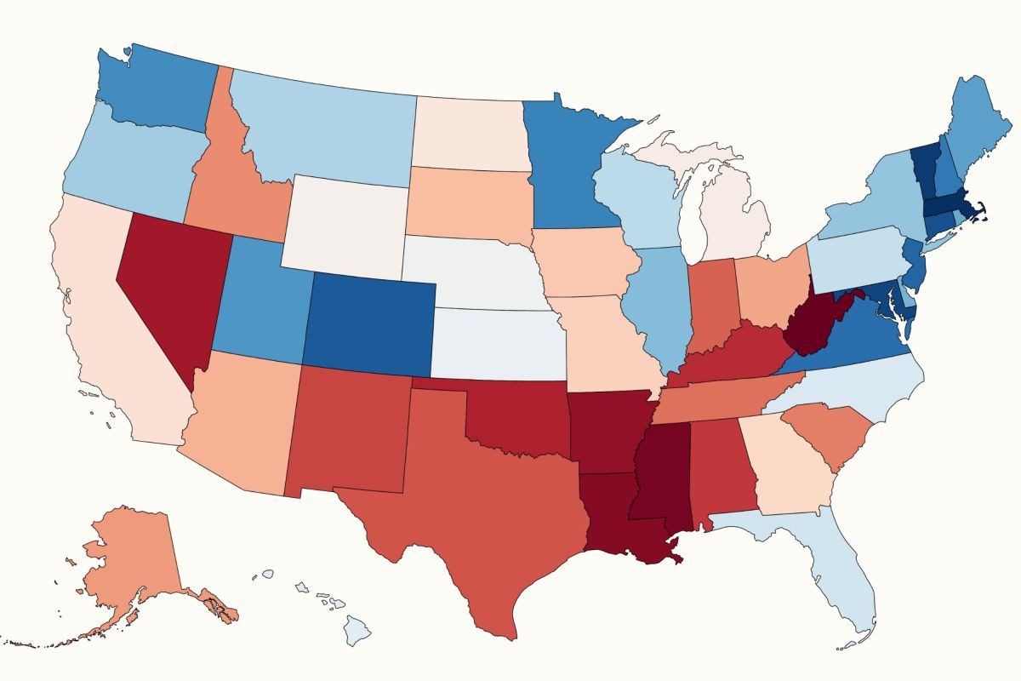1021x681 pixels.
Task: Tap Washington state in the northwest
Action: (157, 89)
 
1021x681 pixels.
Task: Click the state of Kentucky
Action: (732, 353)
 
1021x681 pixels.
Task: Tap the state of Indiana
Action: (710, 306)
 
